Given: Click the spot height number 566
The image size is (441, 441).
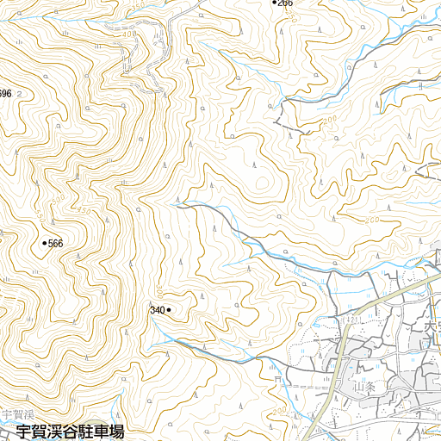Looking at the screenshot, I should tap(56, 244).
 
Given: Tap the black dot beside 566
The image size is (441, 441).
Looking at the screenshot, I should tap(44, 244).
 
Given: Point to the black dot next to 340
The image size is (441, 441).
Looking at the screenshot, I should tap(170, 308).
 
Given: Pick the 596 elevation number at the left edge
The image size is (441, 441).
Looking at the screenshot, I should tap(5, 93).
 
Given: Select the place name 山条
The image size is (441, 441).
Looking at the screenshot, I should tap(365, 388).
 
